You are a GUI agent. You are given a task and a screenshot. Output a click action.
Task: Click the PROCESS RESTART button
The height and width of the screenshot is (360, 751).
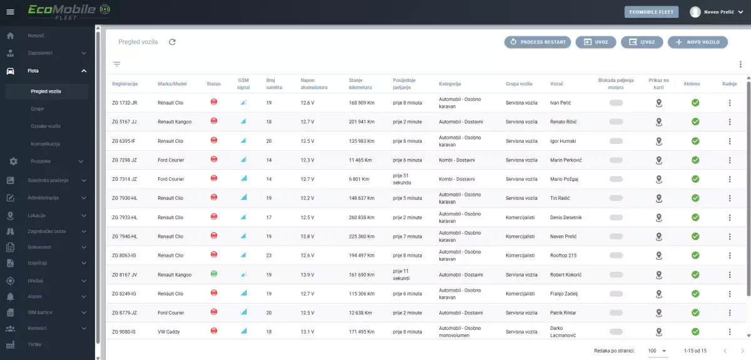(538, 42)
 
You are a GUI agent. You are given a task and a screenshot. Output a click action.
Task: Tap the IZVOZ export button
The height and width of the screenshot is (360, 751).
(641, 42)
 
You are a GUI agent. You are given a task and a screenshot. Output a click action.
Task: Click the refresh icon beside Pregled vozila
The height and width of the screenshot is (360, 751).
(172, 42)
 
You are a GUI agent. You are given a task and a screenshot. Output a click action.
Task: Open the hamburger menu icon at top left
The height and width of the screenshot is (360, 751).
(11, 12)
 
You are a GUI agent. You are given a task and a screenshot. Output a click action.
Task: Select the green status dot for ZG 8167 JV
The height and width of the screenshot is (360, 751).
(214, 274)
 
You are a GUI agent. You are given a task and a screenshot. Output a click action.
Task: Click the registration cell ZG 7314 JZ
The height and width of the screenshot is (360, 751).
(125, 179)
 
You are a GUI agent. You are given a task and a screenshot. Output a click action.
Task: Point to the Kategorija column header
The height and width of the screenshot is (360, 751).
(450, 84)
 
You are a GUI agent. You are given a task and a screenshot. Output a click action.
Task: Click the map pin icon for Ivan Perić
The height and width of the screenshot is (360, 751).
(659, 103)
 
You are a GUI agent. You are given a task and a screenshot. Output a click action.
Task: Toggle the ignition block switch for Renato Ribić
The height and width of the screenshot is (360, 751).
(616, 122)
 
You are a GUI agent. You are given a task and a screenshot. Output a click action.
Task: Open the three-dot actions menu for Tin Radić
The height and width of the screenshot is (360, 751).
(730, 198)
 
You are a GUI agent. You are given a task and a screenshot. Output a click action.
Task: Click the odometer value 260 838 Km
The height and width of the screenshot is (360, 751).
(362, 217)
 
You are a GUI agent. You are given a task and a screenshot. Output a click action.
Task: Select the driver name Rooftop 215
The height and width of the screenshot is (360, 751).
(563, 255)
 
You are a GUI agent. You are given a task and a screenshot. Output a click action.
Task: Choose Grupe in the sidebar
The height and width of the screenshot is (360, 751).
(37, 109)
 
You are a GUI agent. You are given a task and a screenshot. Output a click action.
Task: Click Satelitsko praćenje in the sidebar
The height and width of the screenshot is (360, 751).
(48, 180)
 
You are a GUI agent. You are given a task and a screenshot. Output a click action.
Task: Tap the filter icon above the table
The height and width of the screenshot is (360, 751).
(116, 64)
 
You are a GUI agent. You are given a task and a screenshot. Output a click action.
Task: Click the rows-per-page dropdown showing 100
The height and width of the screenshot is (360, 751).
(658, 351)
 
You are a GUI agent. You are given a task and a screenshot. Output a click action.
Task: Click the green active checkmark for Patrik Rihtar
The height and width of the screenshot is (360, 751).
(695, 312)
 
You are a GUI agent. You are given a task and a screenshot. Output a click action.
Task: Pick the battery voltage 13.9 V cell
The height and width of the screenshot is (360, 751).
(307, 275)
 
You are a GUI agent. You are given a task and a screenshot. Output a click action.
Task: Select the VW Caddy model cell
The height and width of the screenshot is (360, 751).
(168, 332)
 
